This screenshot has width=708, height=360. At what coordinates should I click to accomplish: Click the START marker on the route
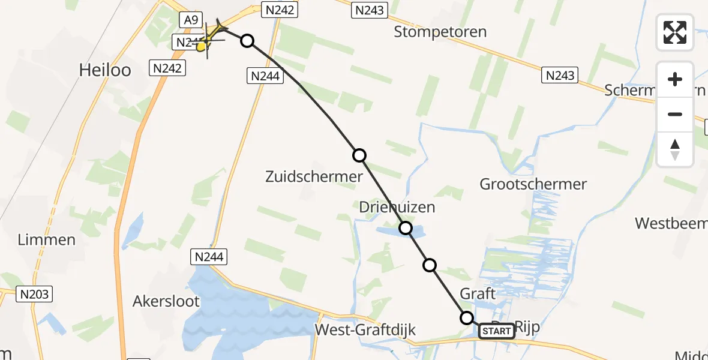point(496,331)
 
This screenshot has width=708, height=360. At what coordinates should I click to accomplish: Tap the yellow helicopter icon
point(210,38)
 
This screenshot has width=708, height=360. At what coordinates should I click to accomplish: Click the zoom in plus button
point(675,80)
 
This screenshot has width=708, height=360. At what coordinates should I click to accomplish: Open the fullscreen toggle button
point(675,32)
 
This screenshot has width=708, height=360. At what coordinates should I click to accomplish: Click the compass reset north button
point(675,149)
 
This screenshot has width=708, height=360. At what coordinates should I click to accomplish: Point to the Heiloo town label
point(105,70)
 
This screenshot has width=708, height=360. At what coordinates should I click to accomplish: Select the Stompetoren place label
point(440,32)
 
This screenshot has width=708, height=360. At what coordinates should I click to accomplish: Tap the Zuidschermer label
point(314,176)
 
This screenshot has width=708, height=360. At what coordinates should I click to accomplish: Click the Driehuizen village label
point(397,208)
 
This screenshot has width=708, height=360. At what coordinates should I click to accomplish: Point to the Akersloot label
point(166,301)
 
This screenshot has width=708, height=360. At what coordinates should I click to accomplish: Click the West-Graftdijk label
point(365,330)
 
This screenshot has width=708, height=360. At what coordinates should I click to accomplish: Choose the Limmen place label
point(47,240)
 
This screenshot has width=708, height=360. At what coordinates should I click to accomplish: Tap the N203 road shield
point(35,295)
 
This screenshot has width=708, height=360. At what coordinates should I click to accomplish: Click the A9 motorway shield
point(191,20)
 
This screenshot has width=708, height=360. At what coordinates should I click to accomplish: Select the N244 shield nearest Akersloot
point(209,257)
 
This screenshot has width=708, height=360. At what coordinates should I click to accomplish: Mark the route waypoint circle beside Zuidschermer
point(359,156)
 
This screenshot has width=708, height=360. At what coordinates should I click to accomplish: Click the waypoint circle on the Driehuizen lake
point(406,228)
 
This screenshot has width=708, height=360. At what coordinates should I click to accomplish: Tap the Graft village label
point(478,294)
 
